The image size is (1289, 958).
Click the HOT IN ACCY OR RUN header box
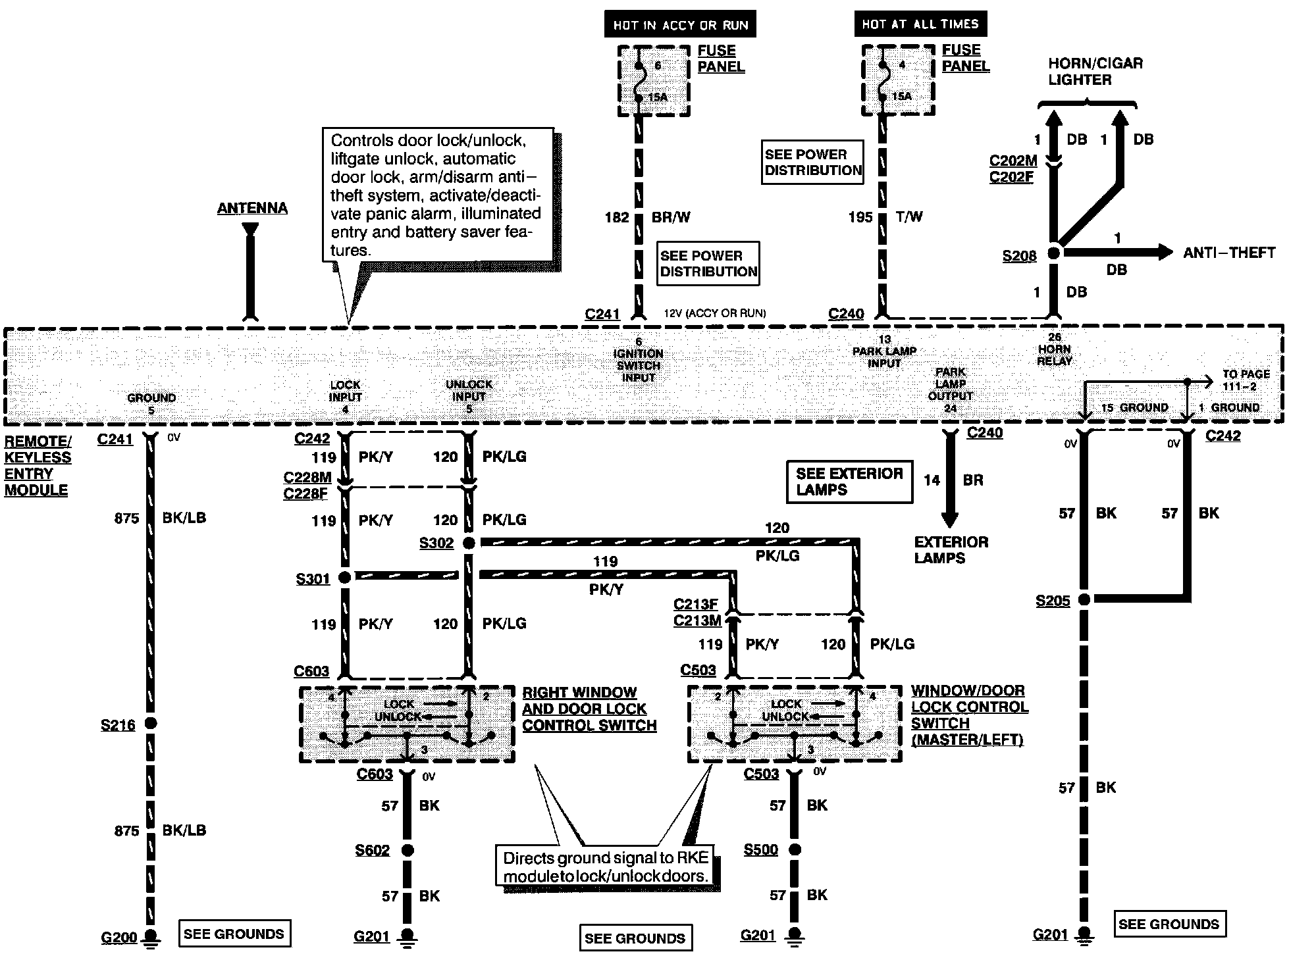click(680, 25)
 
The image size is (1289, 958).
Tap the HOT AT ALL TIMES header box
click(920, 24)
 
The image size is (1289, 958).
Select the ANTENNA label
click(252, 208)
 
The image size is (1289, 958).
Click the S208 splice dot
click(1053, 253)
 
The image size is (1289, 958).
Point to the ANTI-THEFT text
click(1229, 253)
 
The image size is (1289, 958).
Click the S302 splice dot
click(469, 543)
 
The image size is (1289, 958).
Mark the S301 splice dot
click(344, 578)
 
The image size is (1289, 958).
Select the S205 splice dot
click(1084, 599)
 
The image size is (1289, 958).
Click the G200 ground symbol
click(151, 937)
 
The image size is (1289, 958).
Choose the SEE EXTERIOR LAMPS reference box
click(850, 482)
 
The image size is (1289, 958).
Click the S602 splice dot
click(408, 850)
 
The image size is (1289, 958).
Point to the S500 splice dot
click(795, 849)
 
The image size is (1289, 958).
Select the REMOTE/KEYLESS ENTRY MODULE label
click(38, 466)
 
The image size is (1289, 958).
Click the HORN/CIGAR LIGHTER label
click(1095, 72)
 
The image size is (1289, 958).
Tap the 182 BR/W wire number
click(617, 217)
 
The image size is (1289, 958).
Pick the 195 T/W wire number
click(860, 217)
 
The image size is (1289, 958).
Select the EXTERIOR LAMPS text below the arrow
click(951, 550)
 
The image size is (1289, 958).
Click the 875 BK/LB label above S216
click(160, 518)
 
